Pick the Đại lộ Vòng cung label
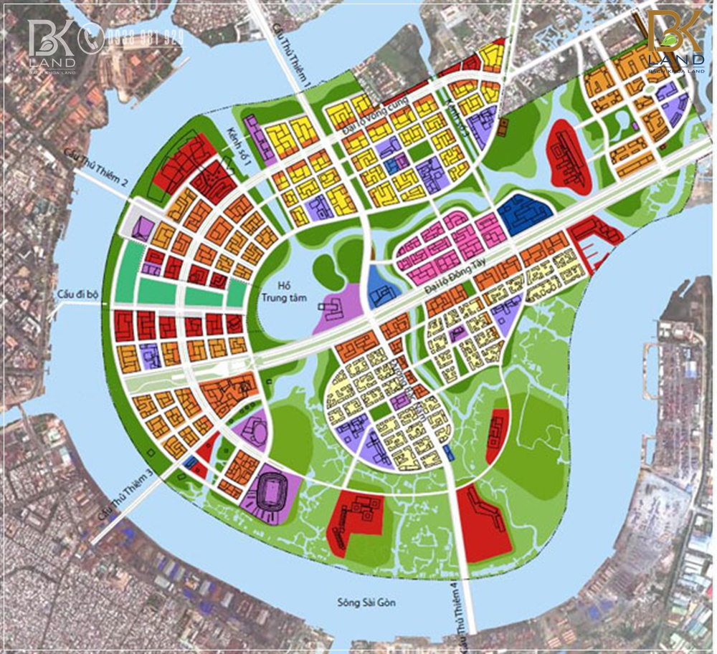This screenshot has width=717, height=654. [374, 117]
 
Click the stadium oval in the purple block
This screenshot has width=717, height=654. [270, 494]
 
